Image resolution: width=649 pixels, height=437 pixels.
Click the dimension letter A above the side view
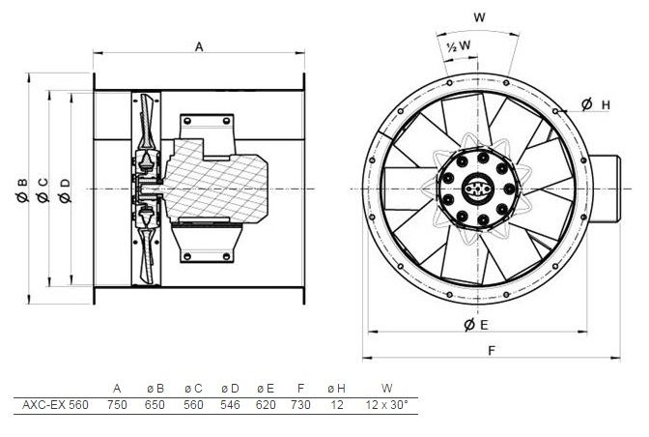(199, 47)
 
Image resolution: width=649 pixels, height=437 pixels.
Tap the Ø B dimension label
(23, 190)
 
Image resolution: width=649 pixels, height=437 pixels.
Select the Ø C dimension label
(43, 190)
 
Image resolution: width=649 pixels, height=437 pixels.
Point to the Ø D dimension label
(65, 190)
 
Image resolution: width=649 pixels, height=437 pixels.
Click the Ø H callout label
(596, 104)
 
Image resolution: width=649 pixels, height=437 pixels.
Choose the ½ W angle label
(459, 45)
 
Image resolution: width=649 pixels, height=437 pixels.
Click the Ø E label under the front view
(476, 325)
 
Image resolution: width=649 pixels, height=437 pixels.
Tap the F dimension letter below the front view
(492, 351)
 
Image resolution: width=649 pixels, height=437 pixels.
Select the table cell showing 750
(117, 404)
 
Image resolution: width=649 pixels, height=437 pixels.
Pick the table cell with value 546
(230, 404)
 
